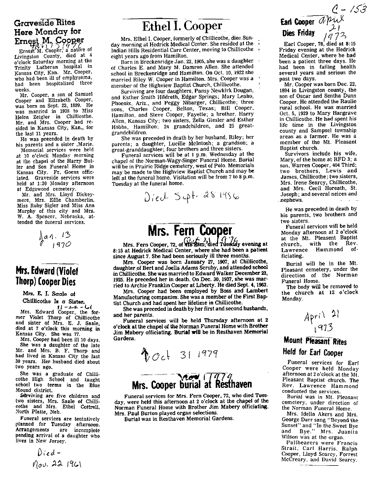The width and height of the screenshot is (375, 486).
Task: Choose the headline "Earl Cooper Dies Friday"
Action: tap(298, 28)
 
